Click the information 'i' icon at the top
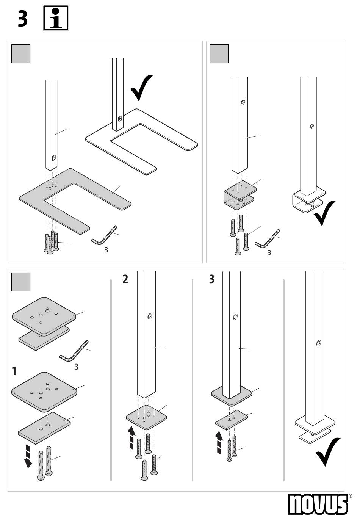[x=56, y=18]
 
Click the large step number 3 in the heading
[x=23, y=19]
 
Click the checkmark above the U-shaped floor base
[x=141, y=87]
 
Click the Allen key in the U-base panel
[x=104, y=235]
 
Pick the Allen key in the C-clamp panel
[x=268, y=238]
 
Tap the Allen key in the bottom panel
[x=74, y=351]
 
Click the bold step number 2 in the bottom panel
[x=125, y=279]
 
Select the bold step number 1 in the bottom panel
[x=14, y=371]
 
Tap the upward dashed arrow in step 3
[x=219, y=443]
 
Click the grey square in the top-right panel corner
[x=219, y=54]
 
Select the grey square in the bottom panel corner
[x=21, y=282]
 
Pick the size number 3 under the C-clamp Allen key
[x=269, y=252]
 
